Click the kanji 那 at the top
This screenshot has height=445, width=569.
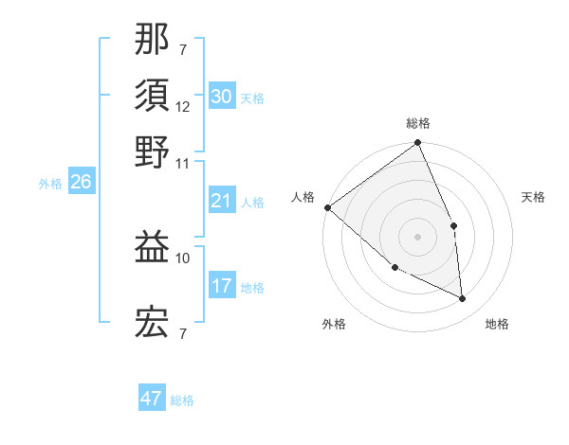coord(153,39)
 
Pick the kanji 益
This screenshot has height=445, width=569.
coord(153,247)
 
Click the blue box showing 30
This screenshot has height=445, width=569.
coord(221,97)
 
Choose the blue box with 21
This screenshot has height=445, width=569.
coord(221,201)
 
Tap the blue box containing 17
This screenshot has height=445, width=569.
coord(221,286)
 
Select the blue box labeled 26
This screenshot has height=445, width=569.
coord(81,183)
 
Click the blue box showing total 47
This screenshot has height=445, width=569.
coord(152,399)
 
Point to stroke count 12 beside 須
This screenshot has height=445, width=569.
coord(183,106)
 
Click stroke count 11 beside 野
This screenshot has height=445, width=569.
coord(183,162)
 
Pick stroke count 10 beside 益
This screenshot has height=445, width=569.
coord(183,258)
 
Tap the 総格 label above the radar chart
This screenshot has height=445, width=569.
coord(418,123)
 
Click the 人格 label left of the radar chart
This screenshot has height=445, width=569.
coord(303,197)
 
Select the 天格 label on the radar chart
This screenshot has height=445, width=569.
coord(533,197)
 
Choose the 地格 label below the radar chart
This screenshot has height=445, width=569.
coord(497,324)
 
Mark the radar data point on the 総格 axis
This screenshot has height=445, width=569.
coord(418,144)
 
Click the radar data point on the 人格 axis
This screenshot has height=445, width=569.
coord(327,207)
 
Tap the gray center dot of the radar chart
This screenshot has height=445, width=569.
coord(417,236)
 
